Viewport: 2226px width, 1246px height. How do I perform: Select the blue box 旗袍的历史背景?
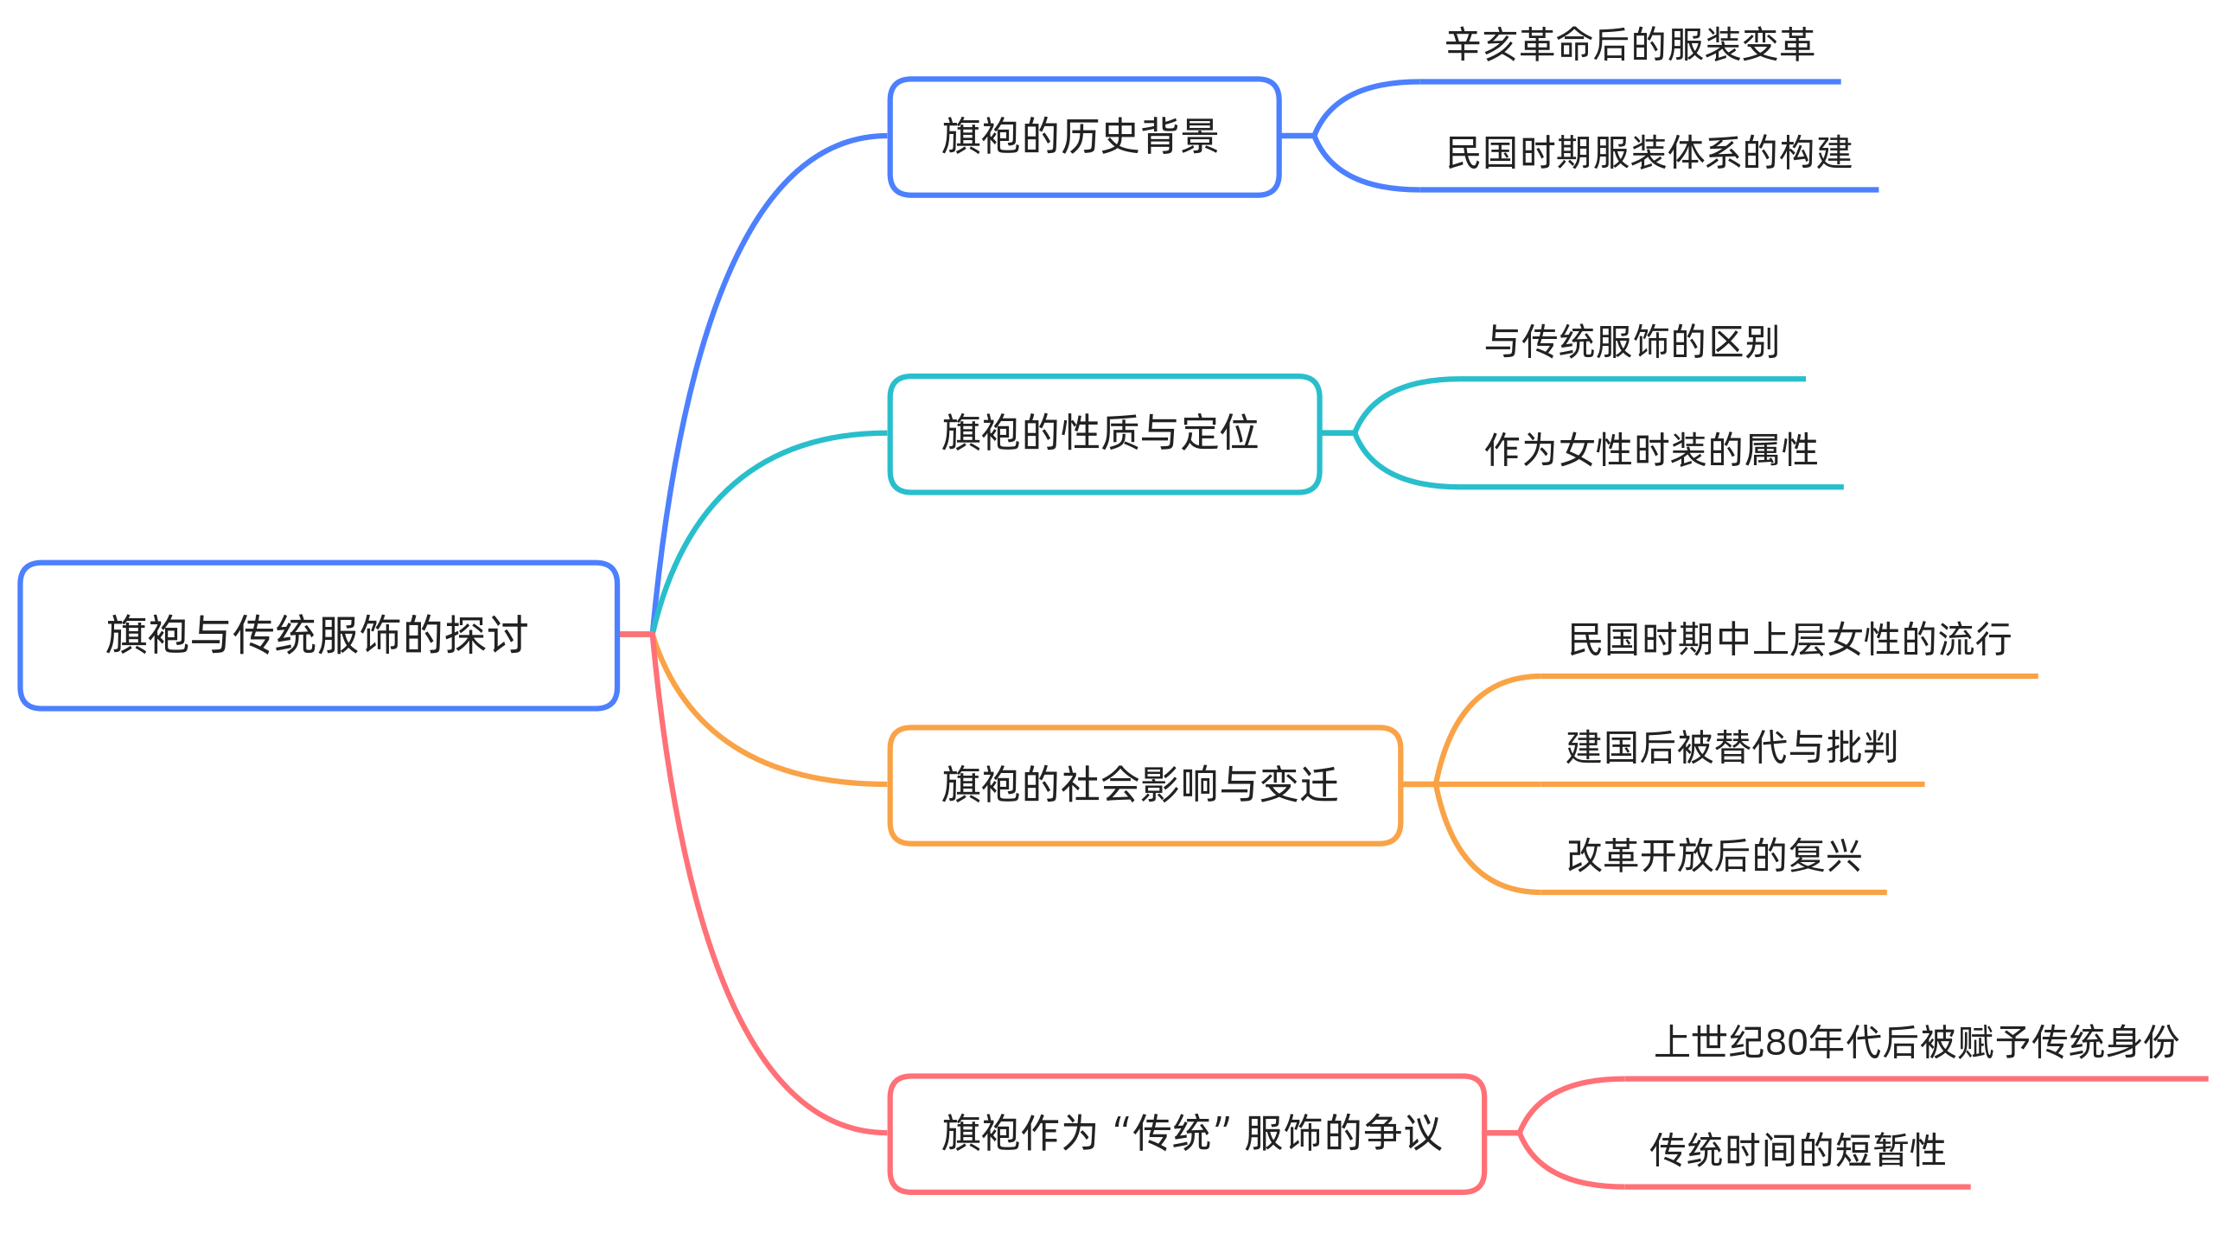1083,137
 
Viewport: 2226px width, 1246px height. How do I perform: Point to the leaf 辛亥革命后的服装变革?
1630,45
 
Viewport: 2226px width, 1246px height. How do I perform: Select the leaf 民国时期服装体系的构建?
1649,153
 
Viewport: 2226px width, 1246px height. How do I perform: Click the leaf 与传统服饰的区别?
1631,342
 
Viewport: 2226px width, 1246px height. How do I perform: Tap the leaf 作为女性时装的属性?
1650,450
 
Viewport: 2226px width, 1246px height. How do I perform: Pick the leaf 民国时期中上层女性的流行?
1789,640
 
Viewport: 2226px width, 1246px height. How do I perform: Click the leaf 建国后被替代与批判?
1732,748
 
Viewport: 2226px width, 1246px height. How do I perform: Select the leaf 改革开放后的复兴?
1713,856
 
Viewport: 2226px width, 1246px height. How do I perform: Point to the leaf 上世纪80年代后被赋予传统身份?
1916,1043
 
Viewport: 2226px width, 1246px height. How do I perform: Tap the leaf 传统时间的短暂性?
1797,1151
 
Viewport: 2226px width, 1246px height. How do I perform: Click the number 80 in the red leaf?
1787,1043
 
